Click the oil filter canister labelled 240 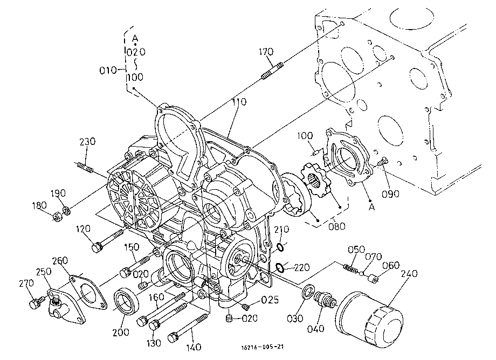click(x=369, y=317)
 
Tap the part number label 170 click(x=266, y=52)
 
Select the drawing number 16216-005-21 click(x=262, y=347)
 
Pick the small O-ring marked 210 click(x=280, y=246)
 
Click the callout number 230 click(x=87, y=141)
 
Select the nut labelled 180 click(x=57, y=217)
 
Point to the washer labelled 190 click(x=66, y=210)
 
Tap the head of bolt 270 click(x=35, y=304)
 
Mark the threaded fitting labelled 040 click(x=324, y=299)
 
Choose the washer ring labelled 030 click(x=308, y=292)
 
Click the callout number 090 click(x=390, y=194)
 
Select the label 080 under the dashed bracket click(x=336, y=226)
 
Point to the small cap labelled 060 click(x=373, y=279)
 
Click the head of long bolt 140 click(x=173, y=337)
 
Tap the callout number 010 click(x=108, y=70)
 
